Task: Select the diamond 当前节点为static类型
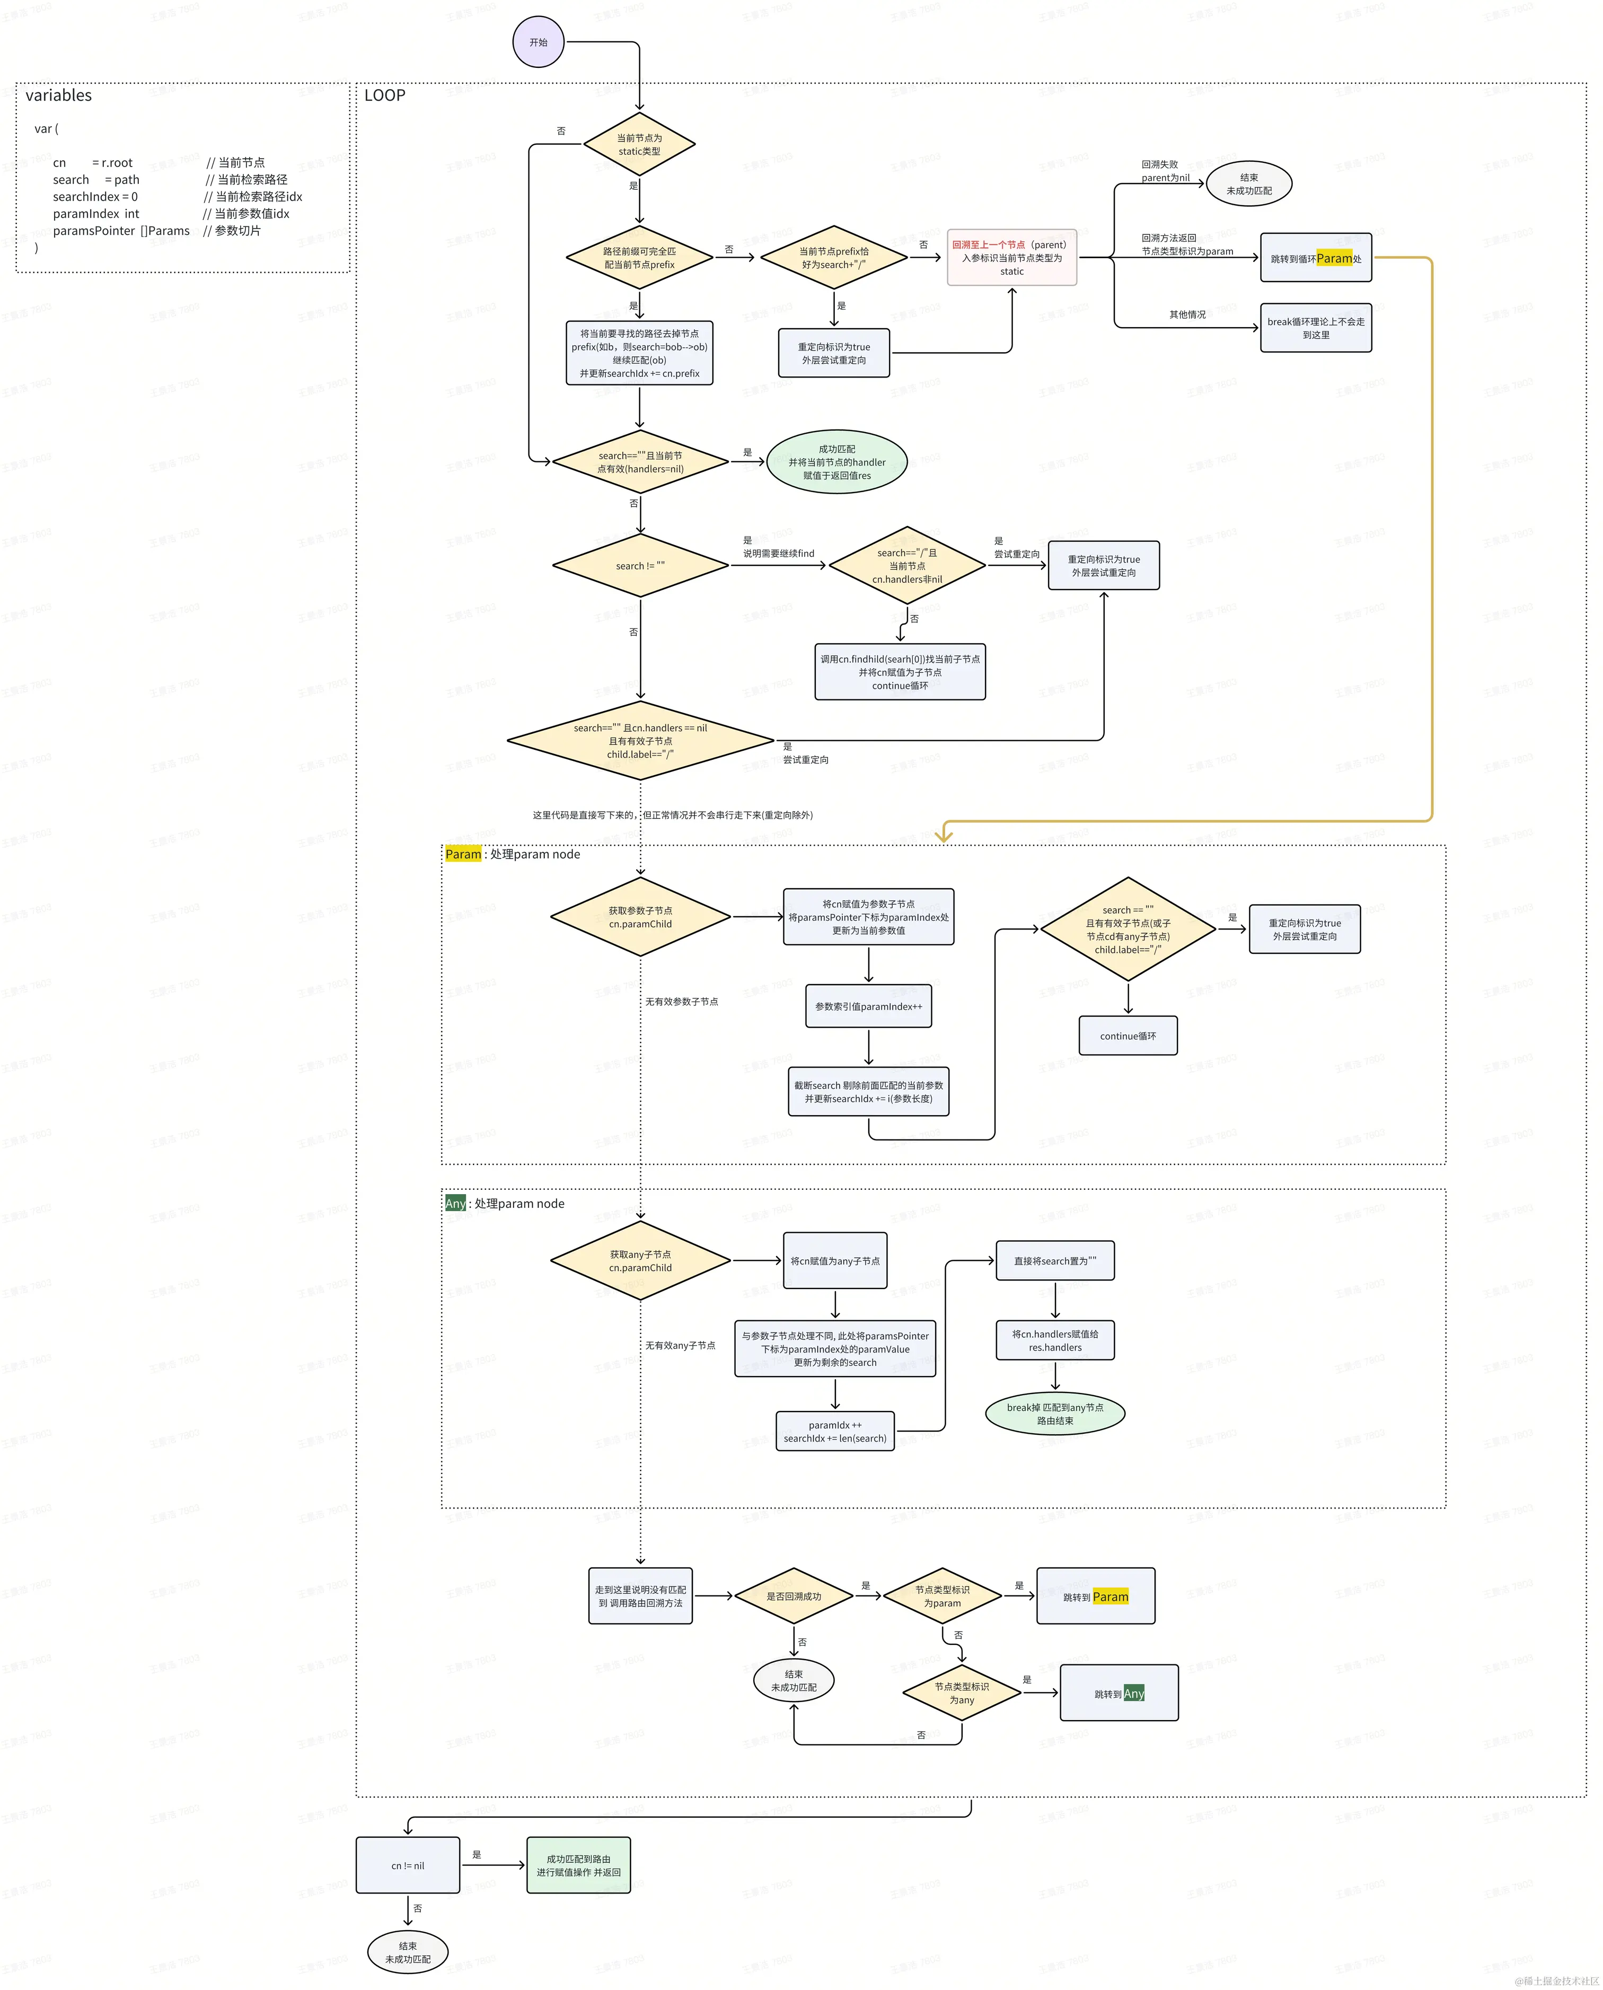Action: pos(639,144)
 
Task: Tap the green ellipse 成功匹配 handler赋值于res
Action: pos(836,462)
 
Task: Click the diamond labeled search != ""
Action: pos(640,565)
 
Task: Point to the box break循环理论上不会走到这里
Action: pos(1315,328)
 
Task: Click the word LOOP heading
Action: pos(384,95)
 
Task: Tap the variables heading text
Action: pos(58,95)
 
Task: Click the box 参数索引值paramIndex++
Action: pos(868,1006)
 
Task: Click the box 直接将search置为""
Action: pos(1054,1260)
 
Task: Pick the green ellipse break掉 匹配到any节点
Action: pos(1054,1414)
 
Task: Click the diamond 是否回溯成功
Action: pos(793,1595)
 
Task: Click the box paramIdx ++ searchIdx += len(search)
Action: pos(835,1431)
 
